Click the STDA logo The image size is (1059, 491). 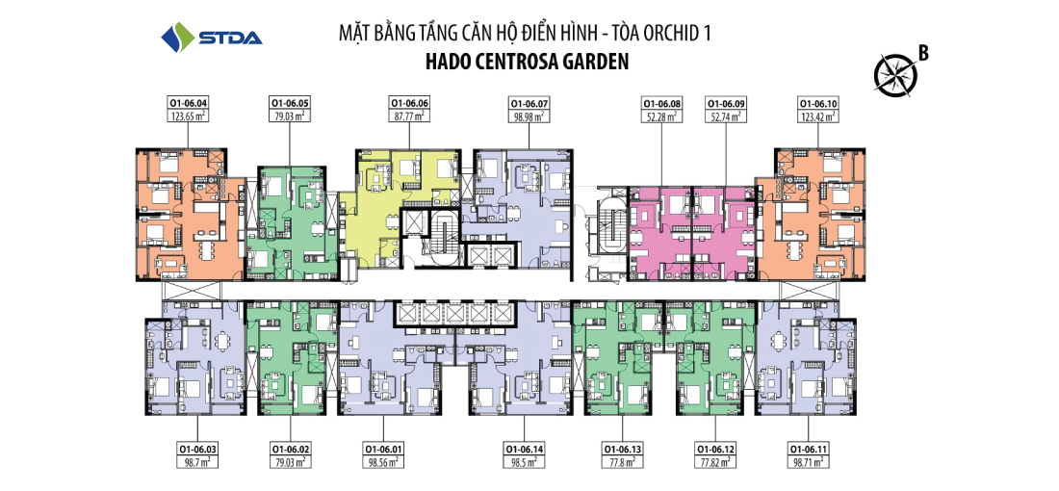click(x=212, y=37)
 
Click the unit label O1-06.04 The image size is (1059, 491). click(x=188, y=104)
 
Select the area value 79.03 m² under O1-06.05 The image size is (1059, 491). click(x=290, y=116)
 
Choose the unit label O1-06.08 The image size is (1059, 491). click(x=662, y=104)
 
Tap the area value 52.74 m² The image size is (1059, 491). click(x=726, y=116)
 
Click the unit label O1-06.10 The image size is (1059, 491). click(x=818, y=104)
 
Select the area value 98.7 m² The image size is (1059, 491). click(x=196, y=462)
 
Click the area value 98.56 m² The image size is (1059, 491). click(x=383, y=462)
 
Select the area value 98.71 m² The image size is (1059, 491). click(x=809, y=462)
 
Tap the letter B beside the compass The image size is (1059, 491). click(x=922, y=53)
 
